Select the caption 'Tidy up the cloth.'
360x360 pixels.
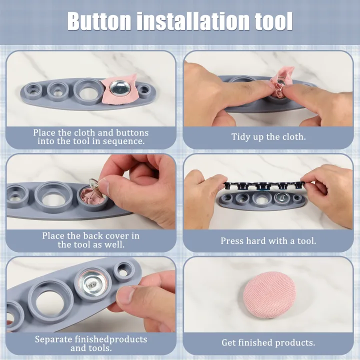coord(268,136)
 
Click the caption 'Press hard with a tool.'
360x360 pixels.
coord(268,241)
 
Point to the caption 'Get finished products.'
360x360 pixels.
coord(268,342)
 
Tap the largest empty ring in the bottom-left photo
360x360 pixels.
coord(49,300)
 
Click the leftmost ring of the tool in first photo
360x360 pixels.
coord(34,90)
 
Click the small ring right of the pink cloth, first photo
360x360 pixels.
coord(144,90)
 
